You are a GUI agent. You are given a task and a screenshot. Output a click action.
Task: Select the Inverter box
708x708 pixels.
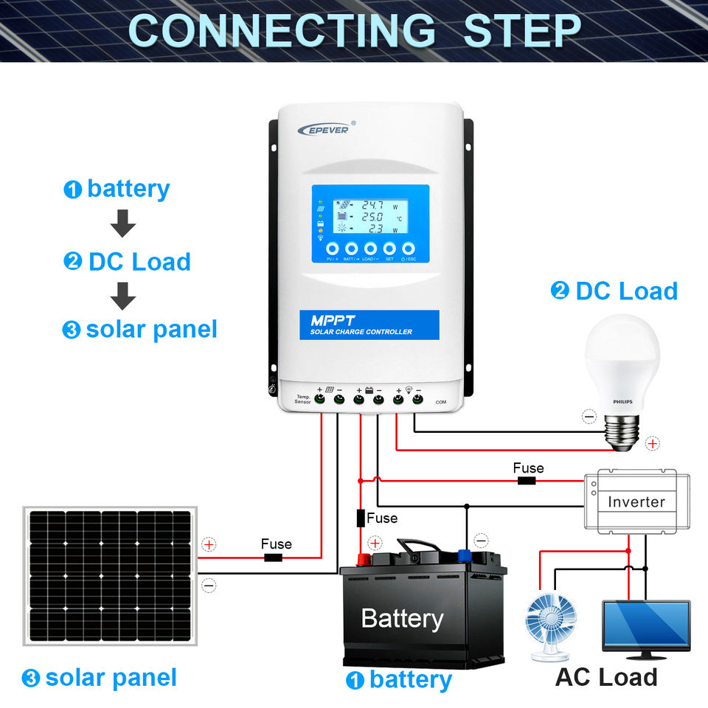(636, 502)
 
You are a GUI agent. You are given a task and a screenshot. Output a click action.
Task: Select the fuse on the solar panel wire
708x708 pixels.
(274, 558)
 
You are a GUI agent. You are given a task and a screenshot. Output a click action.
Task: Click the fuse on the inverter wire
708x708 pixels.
(527, 481)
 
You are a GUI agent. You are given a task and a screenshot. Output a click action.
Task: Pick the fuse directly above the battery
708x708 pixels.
(361, 518)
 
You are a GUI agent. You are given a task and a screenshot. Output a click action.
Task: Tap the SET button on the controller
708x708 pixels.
(389, 249)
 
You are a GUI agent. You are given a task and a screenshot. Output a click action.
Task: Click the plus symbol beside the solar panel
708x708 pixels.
(209, 545)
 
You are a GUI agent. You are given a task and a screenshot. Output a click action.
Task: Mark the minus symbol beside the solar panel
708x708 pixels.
(209, 585)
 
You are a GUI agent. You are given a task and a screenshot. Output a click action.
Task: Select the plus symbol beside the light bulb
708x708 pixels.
(652, 443)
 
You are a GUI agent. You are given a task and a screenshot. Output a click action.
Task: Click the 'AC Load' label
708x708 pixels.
(605, 676)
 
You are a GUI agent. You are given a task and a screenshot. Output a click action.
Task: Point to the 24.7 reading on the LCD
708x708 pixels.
(372, 205)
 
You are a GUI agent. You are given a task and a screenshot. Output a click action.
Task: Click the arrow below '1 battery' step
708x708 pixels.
(122, 223)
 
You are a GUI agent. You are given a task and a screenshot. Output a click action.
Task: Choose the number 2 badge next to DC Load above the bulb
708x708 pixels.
(560, 291)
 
